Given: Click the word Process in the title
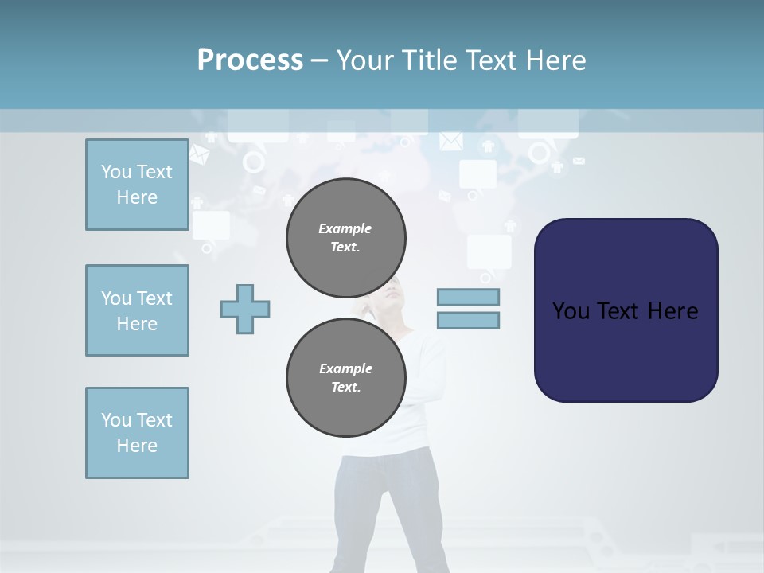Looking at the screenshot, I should coord(250,60).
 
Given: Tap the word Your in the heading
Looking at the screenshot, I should coord(367,60).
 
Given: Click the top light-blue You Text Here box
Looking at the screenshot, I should coord(137,185).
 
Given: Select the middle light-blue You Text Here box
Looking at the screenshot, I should coord(137,310).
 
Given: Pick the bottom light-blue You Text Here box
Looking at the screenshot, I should coord(137,433).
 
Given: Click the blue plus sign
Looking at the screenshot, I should coord(245,309).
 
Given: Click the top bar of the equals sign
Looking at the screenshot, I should coord(468,298).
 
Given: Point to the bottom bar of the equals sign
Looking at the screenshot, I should coord(468,321).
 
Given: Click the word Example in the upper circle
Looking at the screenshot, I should coord(345,228).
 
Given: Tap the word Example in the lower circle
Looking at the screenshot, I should coord(345,368).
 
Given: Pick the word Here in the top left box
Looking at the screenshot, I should coord(137,197).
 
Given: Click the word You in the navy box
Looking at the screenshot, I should coord(571,311).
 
